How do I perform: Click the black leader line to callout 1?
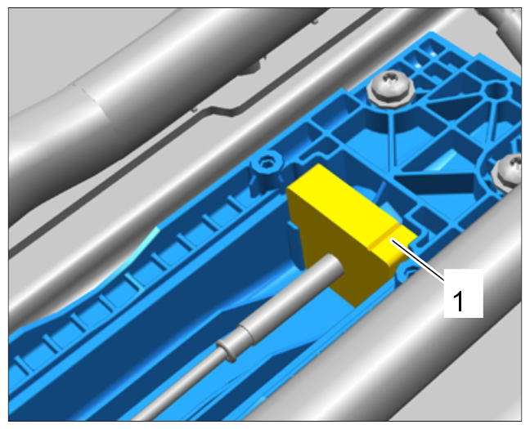pos(419,259)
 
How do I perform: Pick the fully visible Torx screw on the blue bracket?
pos(392,89)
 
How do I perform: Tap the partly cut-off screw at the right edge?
pos(509,173)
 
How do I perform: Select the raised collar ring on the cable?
pos(227,351)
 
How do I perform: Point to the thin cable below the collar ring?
pos(179,388)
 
